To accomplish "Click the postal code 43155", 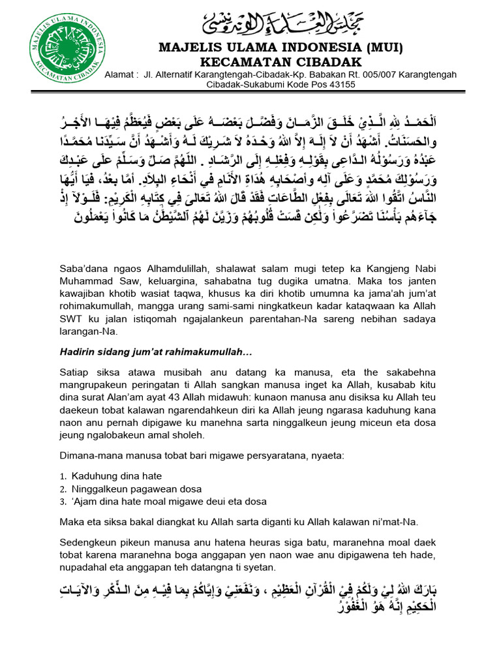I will pos(341,84).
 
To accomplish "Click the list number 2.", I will pos(63,489).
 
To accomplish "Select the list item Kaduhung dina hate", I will pos(117,476).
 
